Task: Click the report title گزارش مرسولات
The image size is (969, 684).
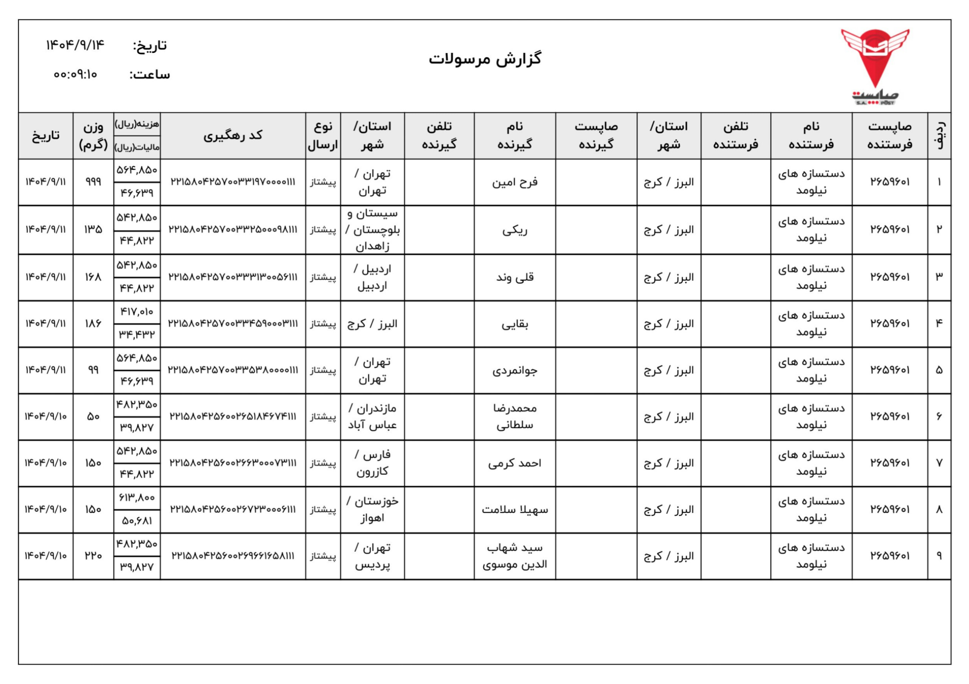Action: point(485,59)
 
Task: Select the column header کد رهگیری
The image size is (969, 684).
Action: point(233,135)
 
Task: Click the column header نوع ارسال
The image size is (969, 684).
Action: point(323,135)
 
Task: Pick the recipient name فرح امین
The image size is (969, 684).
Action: point(514,182)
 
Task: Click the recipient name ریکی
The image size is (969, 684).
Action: point(514,230)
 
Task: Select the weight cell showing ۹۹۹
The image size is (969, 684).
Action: point(93,182)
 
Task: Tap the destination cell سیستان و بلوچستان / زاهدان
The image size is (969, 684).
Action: point(372,230)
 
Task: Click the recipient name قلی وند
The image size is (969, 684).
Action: point(514,277)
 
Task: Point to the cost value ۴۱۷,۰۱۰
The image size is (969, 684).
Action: point(137,312)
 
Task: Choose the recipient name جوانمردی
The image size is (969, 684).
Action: point(514,370)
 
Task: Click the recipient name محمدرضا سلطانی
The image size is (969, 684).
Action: point(514,417)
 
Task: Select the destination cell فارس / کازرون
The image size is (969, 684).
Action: point(372,463)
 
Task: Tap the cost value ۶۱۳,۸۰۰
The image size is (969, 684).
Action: point(137,498)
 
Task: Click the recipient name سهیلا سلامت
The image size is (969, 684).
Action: point(514,510)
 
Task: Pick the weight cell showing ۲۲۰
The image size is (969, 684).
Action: point(93,556)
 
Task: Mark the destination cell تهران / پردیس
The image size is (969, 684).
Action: point(372,556)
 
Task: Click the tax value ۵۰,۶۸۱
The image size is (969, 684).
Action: point(137,521)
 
